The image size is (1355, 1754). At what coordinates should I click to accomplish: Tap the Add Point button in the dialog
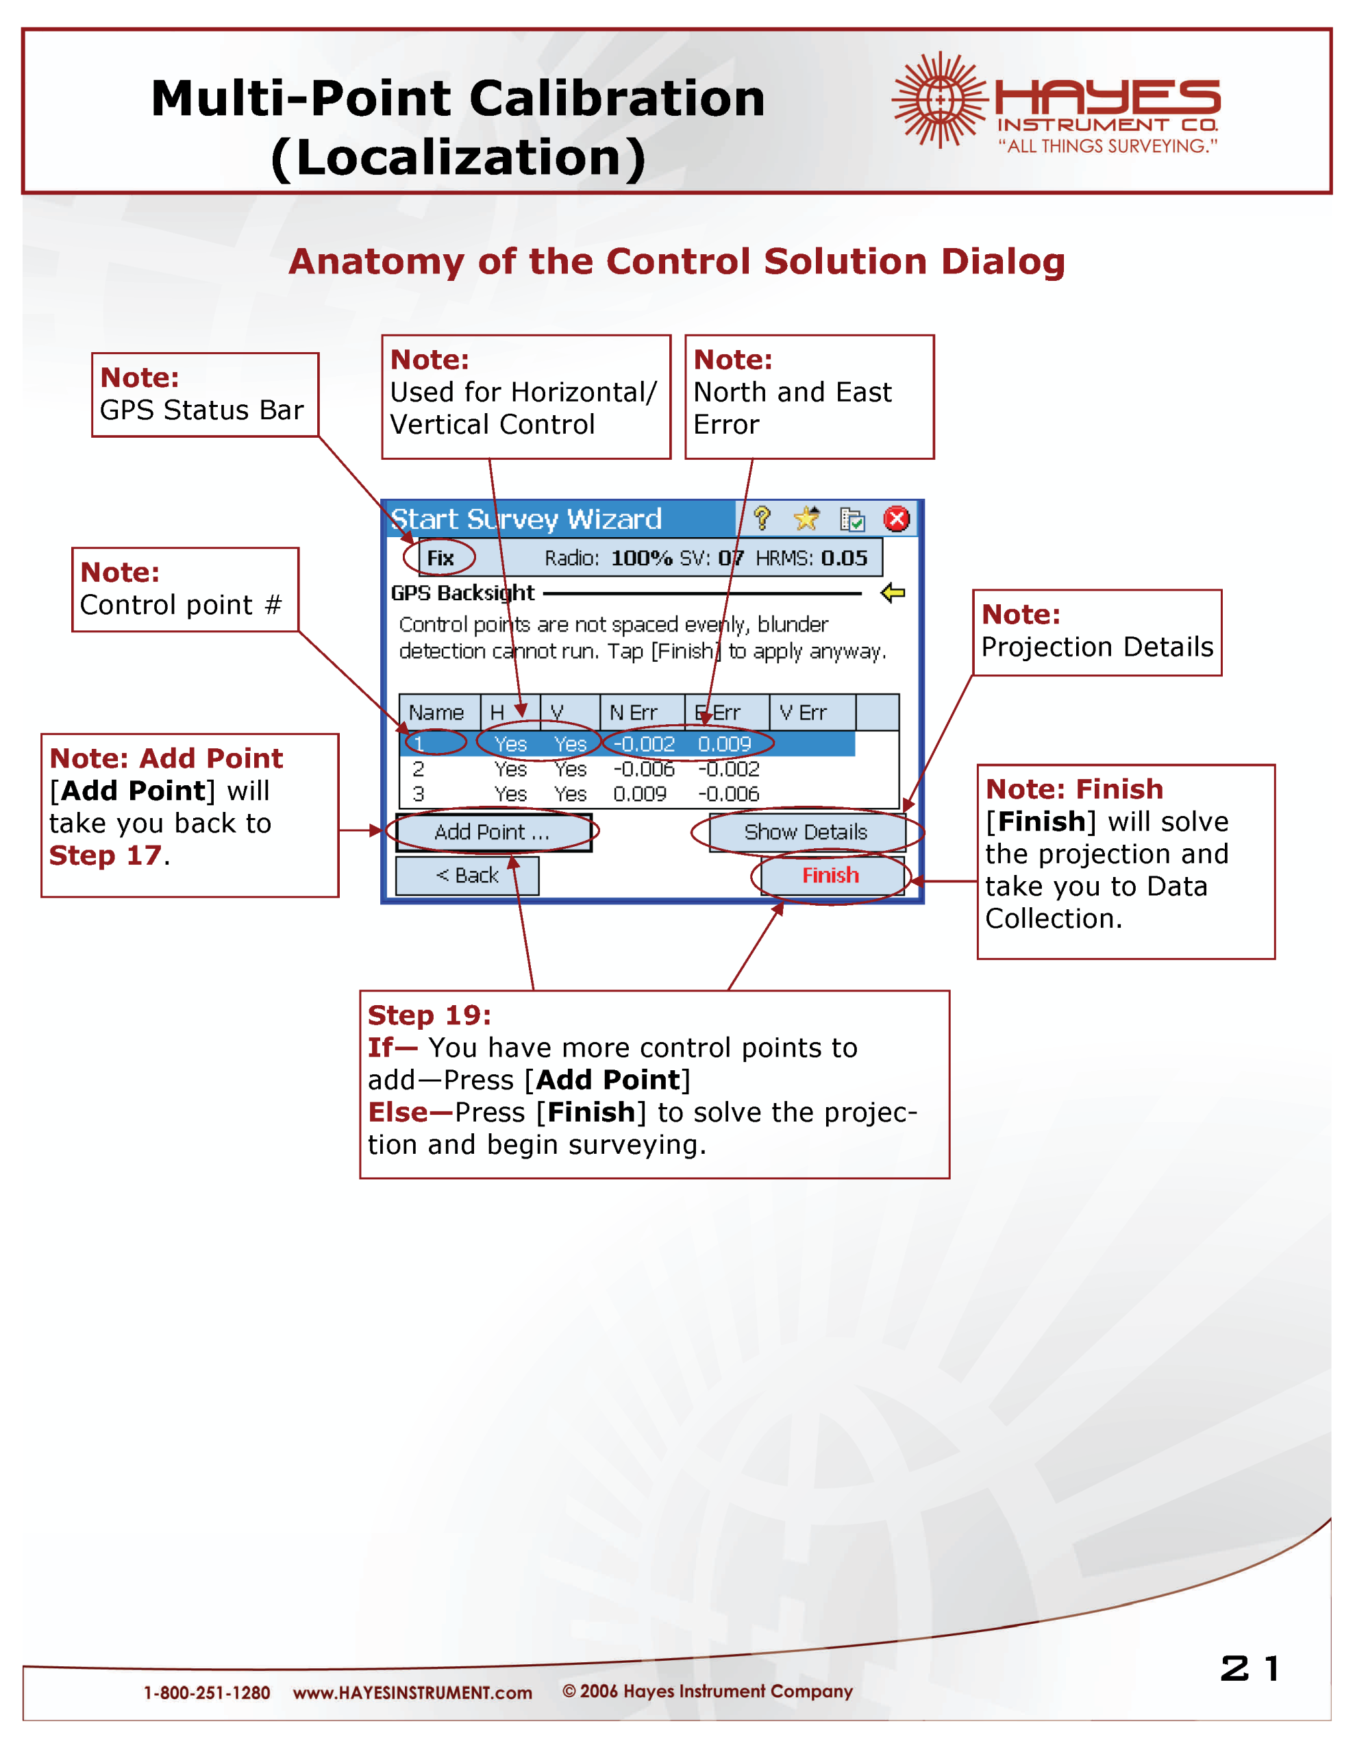click(x=492, y=832)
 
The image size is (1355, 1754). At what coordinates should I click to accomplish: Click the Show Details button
click(x=806, y=832)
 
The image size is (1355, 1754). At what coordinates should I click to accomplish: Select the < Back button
click(x=467, y=876)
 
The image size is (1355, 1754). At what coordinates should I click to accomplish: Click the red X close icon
click(x=897, y=519)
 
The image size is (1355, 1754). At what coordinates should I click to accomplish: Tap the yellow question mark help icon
click(x=762, y=519)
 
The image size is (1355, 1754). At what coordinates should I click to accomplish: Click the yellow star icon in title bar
click(x=806, y=519)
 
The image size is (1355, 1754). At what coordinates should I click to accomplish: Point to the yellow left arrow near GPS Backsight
click(x=893, y=593)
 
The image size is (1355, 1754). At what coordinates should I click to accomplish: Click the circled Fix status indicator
click(x=440, y=558)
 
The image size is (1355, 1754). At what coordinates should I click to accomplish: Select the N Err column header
click(x=633, y=713)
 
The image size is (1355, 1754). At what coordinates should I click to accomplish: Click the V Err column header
click(x=802, y=713)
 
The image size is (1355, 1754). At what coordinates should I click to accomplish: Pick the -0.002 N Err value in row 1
click(x=643, y=745)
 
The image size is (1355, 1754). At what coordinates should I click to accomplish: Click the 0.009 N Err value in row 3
click(x=639, y=794)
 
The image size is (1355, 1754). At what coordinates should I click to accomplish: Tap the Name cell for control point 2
click(x=419, y=769)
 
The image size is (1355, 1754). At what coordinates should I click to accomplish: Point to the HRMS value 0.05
click(x=843, y=558)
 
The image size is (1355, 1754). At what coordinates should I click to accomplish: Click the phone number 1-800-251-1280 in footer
click(x=206, y=1692)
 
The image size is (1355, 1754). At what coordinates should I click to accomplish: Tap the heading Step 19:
click(x=429, y=1015)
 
